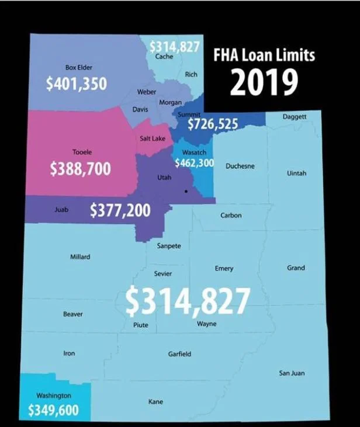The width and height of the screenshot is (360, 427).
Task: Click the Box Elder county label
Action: pos(78,68)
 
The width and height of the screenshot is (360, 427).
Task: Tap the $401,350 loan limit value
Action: pos(76,84)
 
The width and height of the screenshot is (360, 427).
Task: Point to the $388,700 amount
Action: pos(80,169)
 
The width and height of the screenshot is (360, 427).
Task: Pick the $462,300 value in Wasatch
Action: pos(194,163)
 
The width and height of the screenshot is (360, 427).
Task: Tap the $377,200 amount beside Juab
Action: pos(120,210)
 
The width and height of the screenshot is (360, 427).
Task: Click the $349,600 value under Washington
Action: pos(53,410)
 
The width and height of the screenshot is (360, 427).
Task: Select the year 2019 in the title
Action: pos(260,83)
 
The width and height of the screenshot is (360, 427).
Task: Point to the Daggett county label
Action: pos(294,117)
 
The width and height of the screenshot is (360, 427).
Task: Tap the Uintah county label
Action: pos(297,173)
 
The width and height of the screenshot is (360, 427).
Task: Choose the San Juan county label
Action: pos(292,373)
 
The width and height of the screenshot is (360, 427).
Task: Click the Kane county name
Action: pos(156,401)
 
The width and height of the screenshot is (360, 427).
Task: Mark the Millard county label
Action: pos(80,256)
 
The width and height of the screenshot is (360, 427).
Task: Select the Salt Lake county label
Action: pos(153,138)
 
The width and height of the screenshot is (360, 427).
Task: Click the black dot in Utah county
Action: pos(186,192)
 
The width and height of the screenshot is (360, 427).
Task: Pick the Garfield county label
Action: pos(179,354)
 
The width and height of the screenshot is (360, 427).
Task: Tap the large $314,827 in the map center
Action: pos(188,300)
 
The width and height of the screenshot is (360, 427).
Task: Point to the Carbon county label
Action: pos(231,216)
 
